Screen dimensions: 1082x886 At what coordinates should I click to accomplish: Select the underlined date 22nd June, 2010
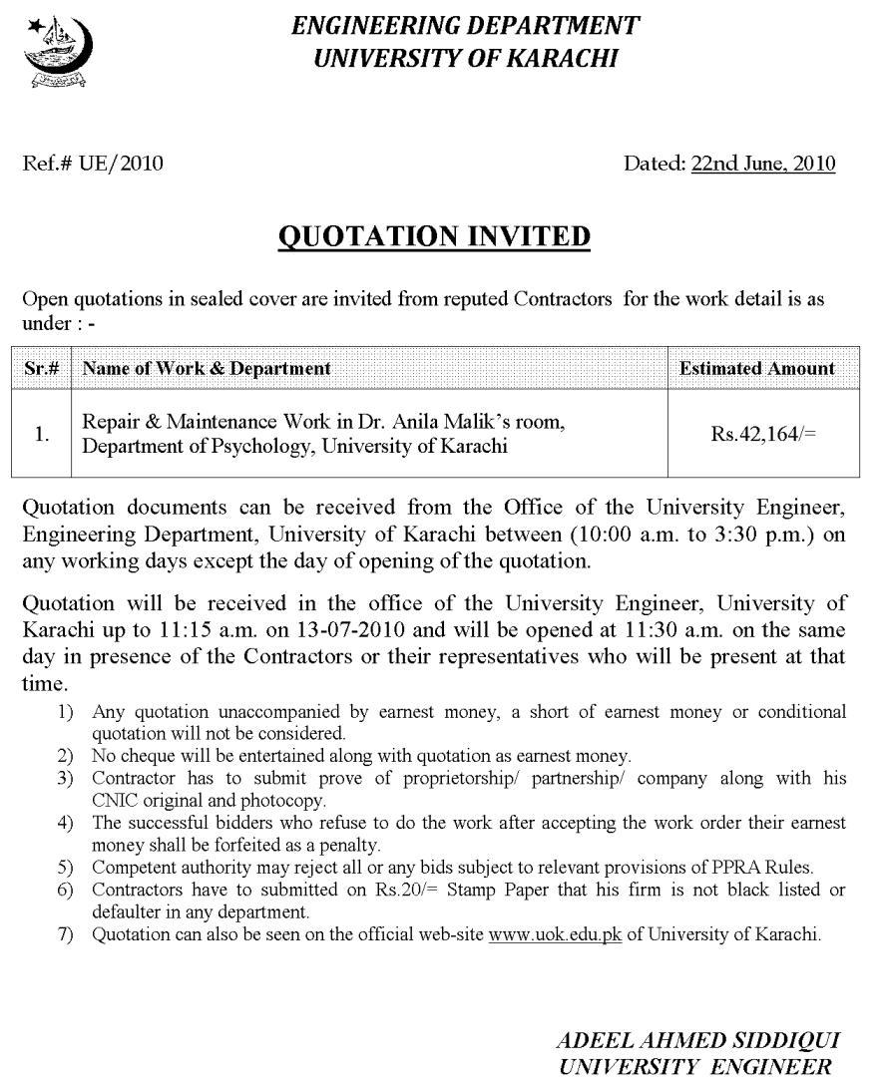point(762,164)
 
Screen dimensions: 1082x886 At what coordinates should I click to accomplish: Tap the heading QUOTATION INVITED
point(434,236)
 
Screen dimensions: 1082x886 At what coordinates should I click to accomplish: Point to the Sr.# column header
point(41,368)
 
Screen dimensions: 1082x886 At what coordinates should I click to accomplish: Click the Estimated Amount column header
point(756,368)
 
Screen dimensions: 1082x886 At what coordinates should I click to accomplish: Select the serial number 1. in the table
point(41,434)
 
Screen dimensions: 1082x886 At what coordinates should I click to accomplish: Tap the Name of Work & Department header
point(207,368)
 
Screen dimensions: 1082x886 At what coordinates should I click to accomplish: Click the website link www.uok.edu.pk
point(555,934)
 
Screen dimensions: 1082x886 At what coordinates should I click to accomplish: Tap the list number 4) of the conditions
point(66,823)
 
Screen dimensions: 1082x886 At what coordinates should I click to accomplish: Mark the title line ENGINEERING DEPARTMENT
point(465,27)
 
